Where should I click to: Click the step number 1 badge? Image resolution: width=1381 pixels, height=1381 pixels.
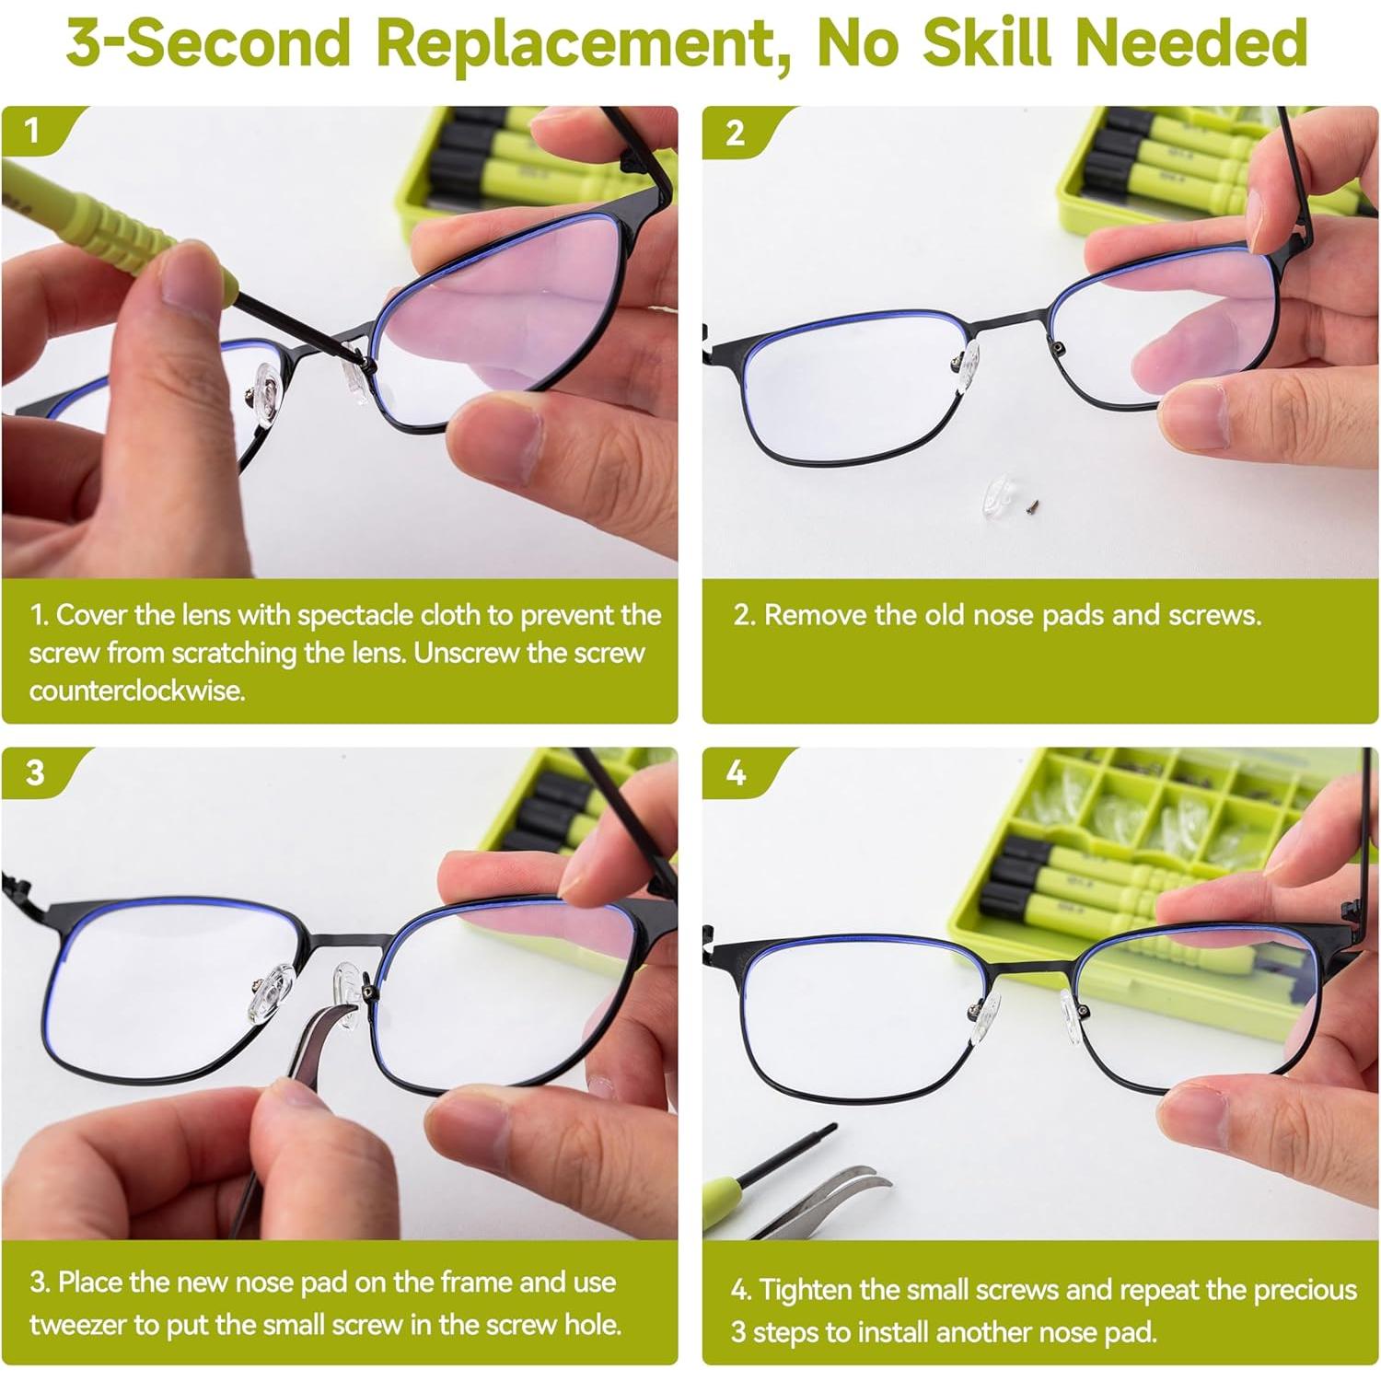[x=33, y=130]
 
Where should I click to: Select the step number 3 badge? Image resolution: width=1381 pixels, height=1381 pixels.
[x=35, y=772]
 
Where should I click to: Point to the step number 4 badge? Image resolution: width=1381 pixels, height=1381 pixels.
[x=736, y=772]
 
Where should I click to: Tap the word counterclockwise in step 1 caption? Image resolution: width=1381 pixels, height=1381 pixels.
[x=137, y=690]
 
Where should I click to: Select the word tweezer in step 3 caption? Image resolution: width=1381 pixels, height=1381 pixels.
[x=78, y=1324]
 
